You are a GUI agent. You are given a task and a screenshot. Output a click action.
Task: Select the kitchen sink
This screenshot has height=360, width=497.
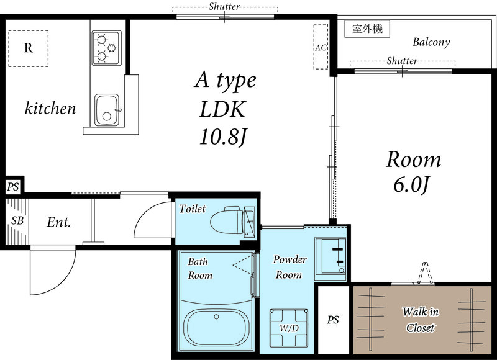107,110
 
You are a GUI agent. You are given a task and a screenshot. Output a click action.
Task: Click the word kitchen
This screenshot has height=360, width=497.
50,109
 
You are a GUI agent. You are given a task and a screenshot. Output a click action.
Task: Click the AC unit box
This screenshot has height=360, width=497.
321,47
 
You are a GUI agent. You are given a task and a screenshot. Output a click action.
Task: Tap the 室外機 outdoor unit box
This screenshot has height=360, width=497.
367,29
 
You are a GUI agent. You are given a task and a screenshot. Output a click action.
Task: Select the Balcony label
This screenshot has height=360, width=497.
431,43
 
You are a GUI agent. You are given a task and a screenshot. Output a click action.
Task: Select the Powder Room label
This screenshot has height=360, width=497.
290,267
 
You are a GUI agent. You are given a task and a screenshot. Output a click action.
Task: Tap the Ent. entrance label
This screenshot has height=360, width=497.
58,222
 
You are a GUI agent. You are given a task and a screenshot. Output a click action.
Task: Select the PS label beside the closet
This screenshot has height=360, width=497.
334,320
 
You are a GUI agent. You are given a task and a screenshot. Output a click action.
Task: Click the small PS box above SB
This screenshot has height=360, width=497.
12,186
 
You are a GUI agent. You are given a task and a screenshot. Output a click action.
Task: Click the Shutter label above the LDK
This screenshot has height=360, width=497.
224,6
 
